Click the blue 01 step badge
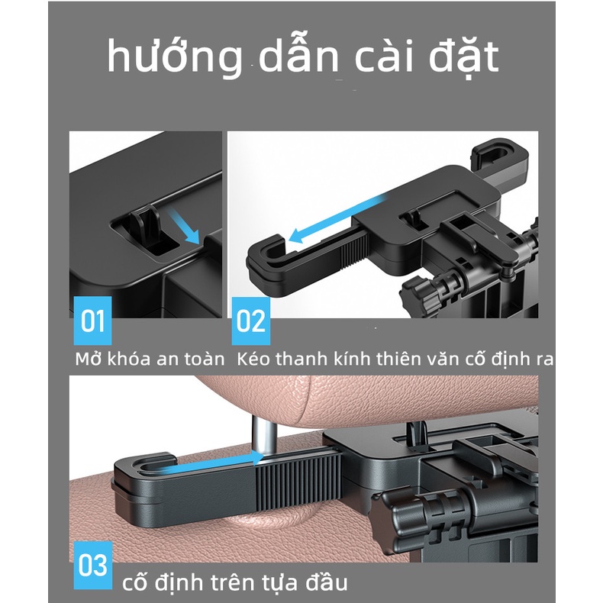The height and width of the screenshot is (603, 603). click(92, 321)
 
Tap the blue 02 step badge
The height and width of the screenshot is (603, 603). click(250, 321)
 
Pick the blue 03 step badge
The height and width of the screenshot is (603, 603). click(92, 566)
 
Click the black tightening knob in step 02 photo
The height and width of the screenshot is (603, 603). click(418, 292)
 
